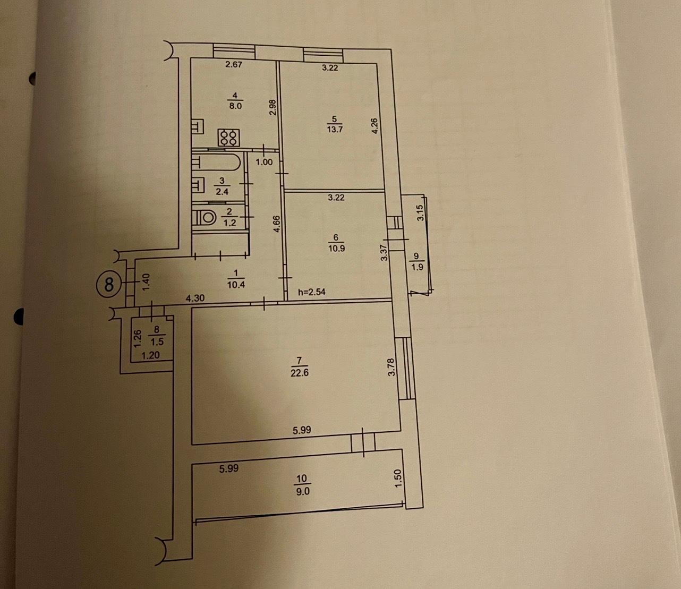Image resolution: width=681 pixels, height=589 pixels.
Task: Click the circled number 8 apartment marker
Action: [109, 285]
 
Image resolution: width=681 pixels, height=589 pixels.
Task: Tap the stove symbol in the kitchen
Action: [229, 138]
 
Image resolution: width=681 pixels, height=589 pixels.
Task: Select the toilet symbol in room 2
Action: [205, 217]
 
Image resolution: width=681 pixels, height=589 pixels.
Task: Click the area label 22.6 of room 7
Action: [300, 373]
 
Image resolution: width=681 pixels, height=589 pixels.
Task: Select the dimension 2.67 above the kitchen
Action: [234, 65]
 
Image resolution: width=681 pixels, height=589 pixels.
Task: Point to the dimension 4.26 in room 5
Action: [374, 125]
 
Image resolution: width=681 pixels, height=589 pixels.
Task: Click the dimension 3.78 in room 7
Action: [392, 367]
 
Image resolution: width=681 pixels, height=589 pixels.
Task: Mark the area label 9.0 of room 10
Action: [302, 492]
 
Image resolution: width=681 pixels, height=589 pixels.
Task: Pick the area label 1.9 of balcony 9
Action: [418, 267]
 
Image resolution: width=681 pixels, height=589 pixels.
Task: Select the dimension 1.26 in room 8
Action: [137, 338]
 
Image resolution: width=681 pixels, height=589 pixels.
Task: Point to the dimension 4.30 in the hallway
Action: [195, 299]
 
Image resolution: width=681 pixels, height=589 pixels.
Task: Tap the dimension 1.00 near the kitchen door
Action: [264, 162]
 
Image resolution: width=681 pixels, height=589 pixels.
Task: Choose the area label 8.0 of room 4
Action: [235, 106]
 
